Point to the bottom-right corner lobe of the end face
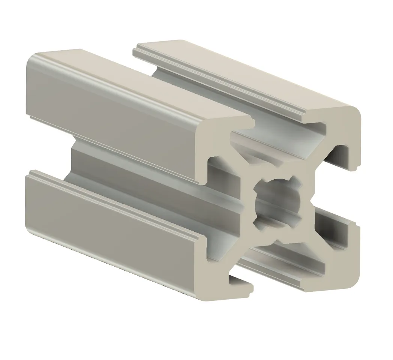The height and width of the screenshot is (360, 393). pos(339,270)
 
